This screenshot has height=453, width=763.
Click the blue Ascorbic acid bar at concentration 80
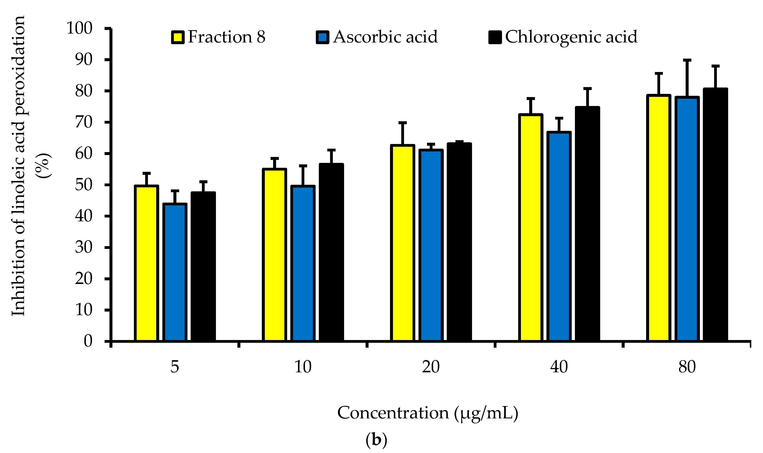coord(687,219)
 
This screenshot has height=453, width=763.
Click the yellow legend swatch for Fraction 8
coord(177,37)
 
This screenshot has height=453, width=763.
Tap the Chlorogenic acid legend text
coord(571,37)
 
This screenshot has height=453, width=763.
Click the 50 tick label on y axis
coord(83,185)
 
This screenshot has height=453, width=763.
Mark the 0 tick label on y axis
coord(88,341)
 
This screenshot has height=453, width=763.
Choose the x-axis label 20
coord(431,367)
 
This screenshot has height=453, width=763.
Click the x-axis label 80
coord(687,367)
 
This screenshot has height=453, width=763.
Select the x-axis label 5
coord(174,367)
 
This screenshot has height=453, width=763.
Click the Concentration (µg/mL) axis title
coord(428,413)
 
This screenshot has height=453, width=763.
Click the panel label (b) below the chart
coord(376,440)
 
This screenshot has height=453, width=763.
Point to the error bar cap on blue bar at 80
coord(687,60)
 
